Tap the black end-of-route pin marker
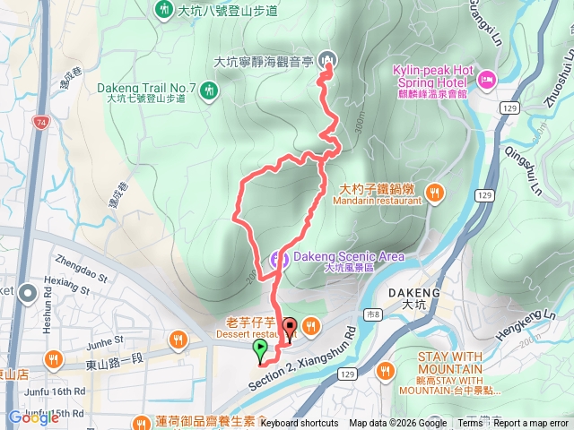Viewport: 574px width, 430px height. [x=289, y=328]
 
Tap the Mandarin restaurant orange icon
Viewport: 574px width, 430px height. [x=435, y=190]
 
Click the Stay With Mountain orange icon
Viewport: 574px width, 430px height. [x=387, y=369]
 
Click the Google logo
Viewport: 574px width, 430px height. [x=33, y=417]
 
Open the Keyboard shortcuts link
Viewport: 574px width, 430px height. [x=300, y=423]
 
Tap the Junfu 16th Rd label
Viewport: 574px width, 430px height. [x=56, y=391]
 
